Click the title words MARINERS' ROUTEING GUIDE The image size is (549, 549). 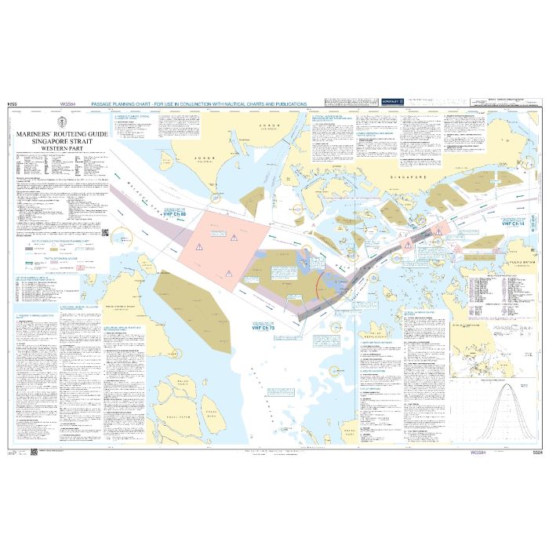tap(60, 134)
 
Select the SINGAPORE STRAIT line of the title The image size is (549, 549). tap(60, 140)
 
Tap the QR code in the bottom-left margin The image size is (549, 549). tap(33, 453)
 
